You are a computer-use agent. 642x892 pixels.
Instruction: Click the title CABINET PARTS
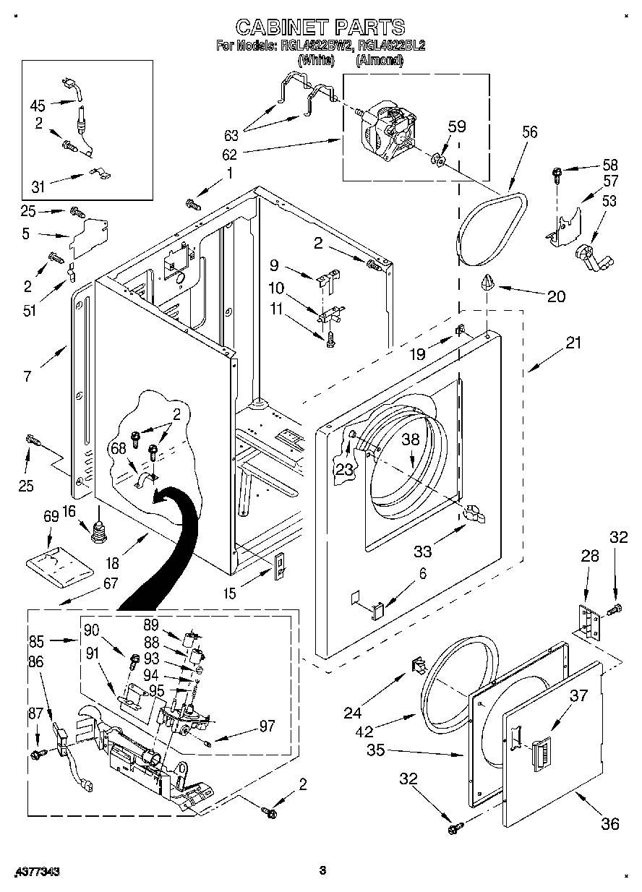[x=321, y=27]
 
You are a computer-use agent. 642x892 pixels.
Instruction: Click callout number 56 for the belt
[x=530, y=132]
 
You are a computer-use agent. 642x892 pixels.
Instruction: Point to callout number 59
[x=456, y=126]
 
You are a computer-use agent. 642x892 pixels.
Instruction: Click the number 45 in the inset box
[x=38, y=104]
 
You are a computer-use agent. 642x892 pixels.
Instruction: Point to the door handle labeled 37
[x=540, y=757]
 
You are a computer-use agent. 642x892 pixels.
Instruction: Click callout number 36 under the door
[x=609, y=823]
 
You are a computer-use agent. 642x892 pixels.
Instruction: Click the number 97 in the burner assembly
[x=266, y=726]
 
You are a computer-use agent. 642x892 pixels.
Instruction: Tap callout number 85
[x=37, y=640]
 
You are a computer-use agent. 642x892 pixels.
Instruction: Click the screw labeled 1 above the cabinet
[x=194, y=204]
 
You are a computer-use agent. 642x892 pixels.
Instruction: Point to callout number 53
[x=609, y=200]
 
